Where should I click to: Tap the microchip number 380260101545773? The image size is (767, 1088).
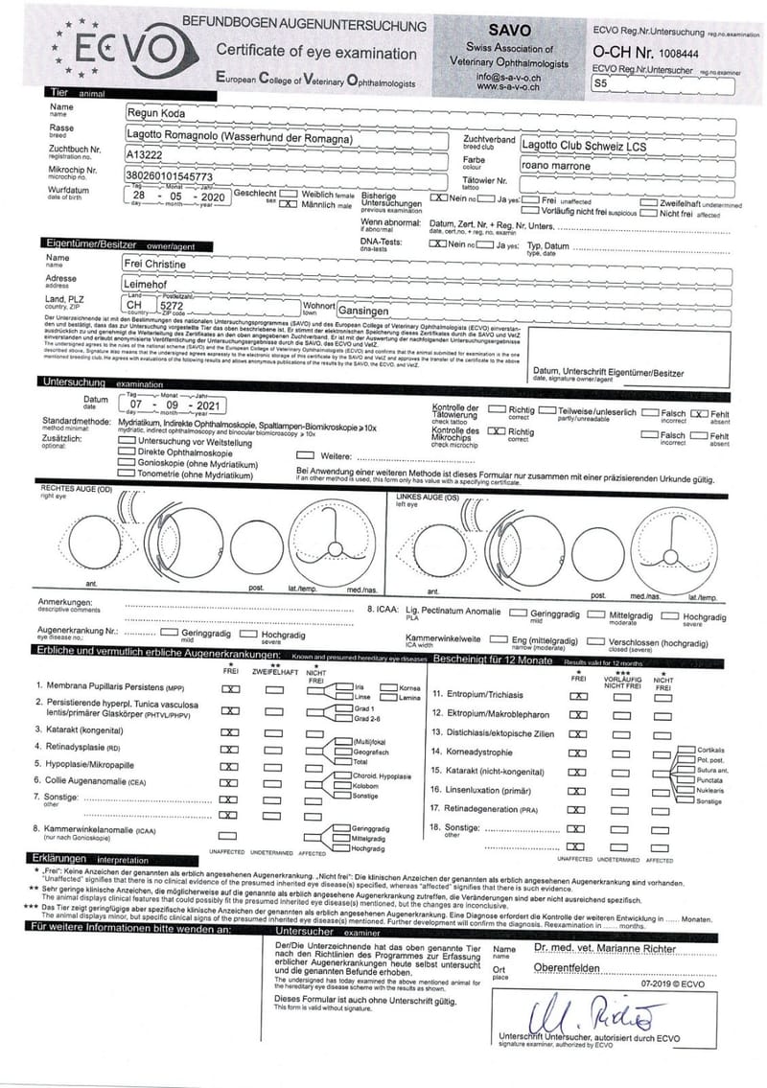coord(170,177)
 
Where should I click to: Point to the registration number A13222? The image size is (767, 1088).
coord(145,153)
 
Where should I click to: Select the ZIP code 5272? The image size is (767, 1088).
coord(173,306)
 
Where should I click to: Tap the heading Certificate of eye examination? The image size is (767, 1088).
coord(315,53)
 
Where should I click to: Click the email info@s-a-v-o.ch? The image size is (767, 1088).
coord(509,77)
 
